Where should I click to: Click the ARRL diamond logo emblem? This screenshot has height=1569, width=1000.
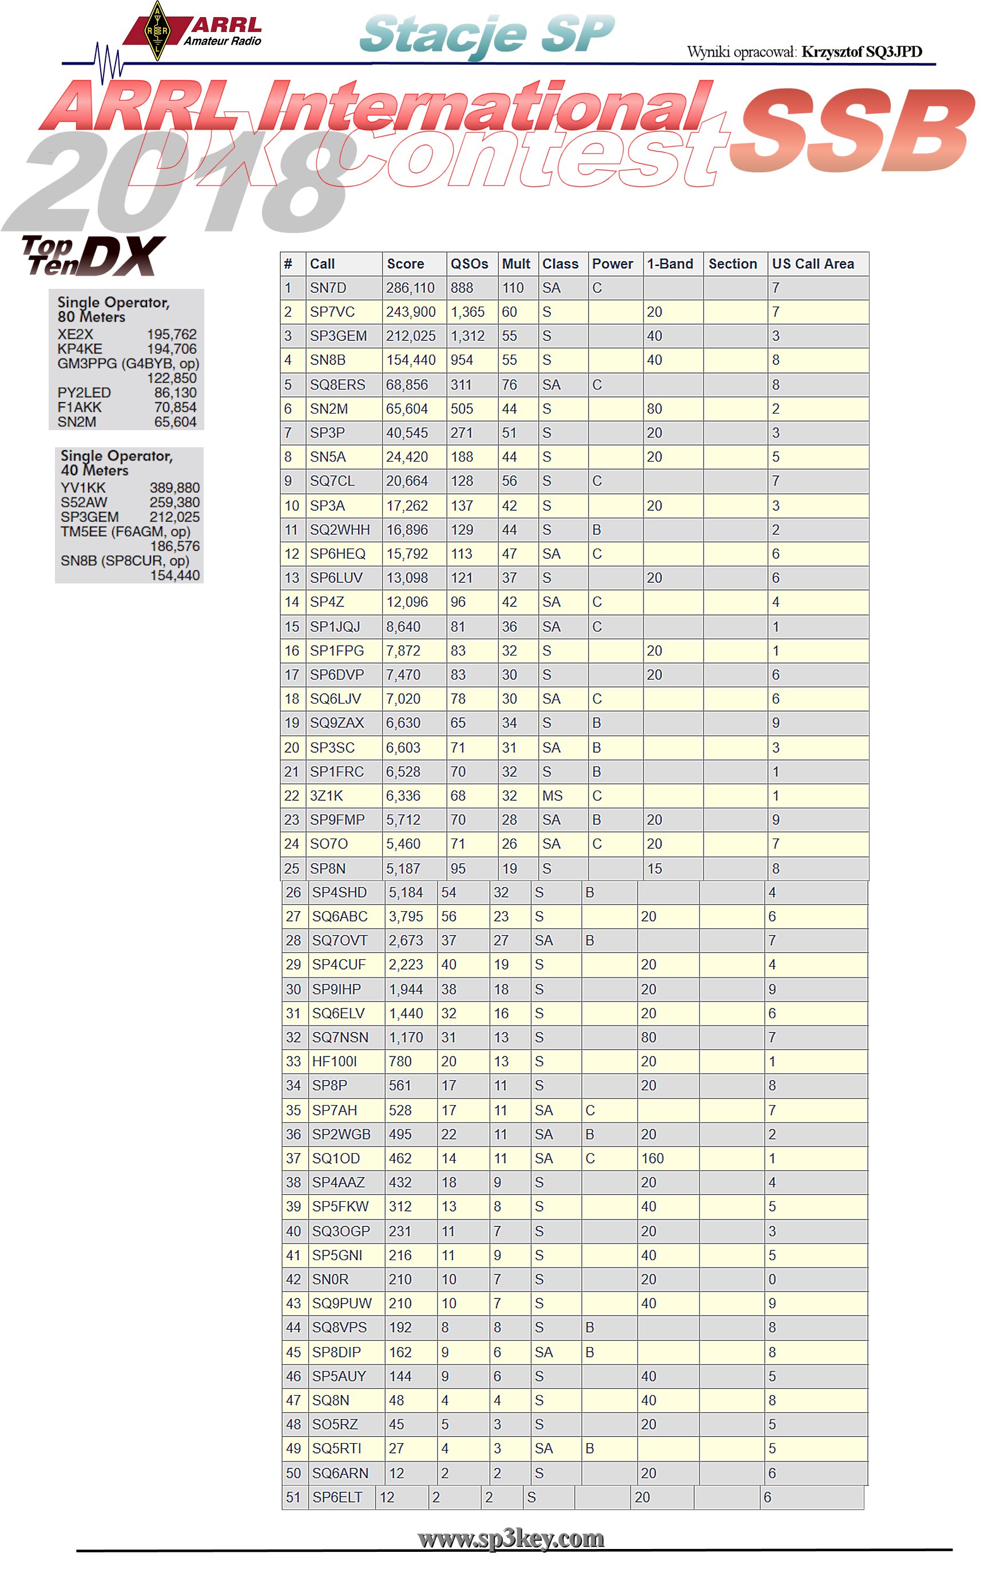(x=156, y=31)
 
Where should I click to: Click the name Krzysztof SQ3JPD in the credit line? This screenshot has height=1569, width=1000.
(x=861, y=52)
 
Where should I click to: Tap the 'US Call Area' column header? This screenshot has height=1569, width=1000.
(x=812, y=264)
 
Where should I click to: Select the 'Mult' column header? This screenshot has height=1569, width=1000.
(x=515, y=264)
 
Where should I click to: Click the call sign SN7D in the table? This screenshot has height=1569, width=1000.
(x=328, y=288)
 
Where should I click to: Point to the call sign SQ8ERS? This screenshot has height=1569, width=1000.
(x=337, y=385)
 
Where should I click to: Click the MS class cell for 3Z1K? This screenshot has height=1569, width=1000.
(x=552, y=796)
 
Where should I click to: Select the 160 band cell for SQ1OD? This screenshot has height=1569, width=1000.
(x=652, y=1158)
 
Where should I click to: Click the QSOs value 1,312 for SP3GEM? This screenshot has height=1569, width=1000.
(x=467, y=336)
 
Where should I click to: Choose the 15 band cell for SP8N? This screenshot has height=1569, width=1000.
(x=654, y=868)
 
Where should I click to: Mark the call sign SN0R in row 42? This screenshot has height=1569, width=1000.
(x=330, y=1279)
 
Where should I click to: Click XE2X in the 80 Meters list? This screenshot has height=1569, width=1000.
(x=75, y=334)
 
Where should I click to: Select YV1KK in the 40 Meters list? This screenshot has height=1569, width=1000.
(x=83, y=488)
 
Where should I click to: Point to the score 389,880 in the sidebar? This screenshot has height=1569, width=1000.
(x=174, y=488)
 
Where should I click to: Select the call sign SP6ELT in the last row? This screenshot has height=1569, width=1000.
(x=336, y=1497)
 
